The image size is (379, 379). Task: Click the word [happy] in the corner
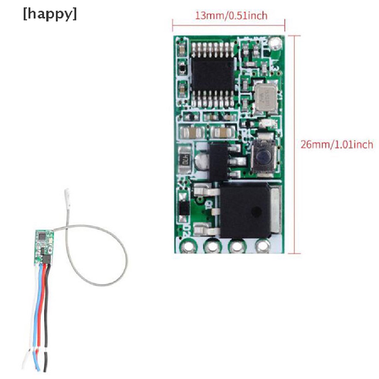click(x=50, y=15)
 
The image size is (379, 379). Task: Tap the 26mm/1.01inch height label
click(x=336, y=144)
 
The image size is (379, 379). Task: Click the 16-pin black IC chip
click(x=212, y=74)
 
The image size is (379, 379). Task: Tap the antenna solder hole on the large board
click(x=275, y=44)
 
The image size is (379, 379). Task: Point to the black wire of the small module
click(x=46, y=315)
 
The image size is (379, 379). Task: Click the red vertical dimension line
click(x=294, y=144)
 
